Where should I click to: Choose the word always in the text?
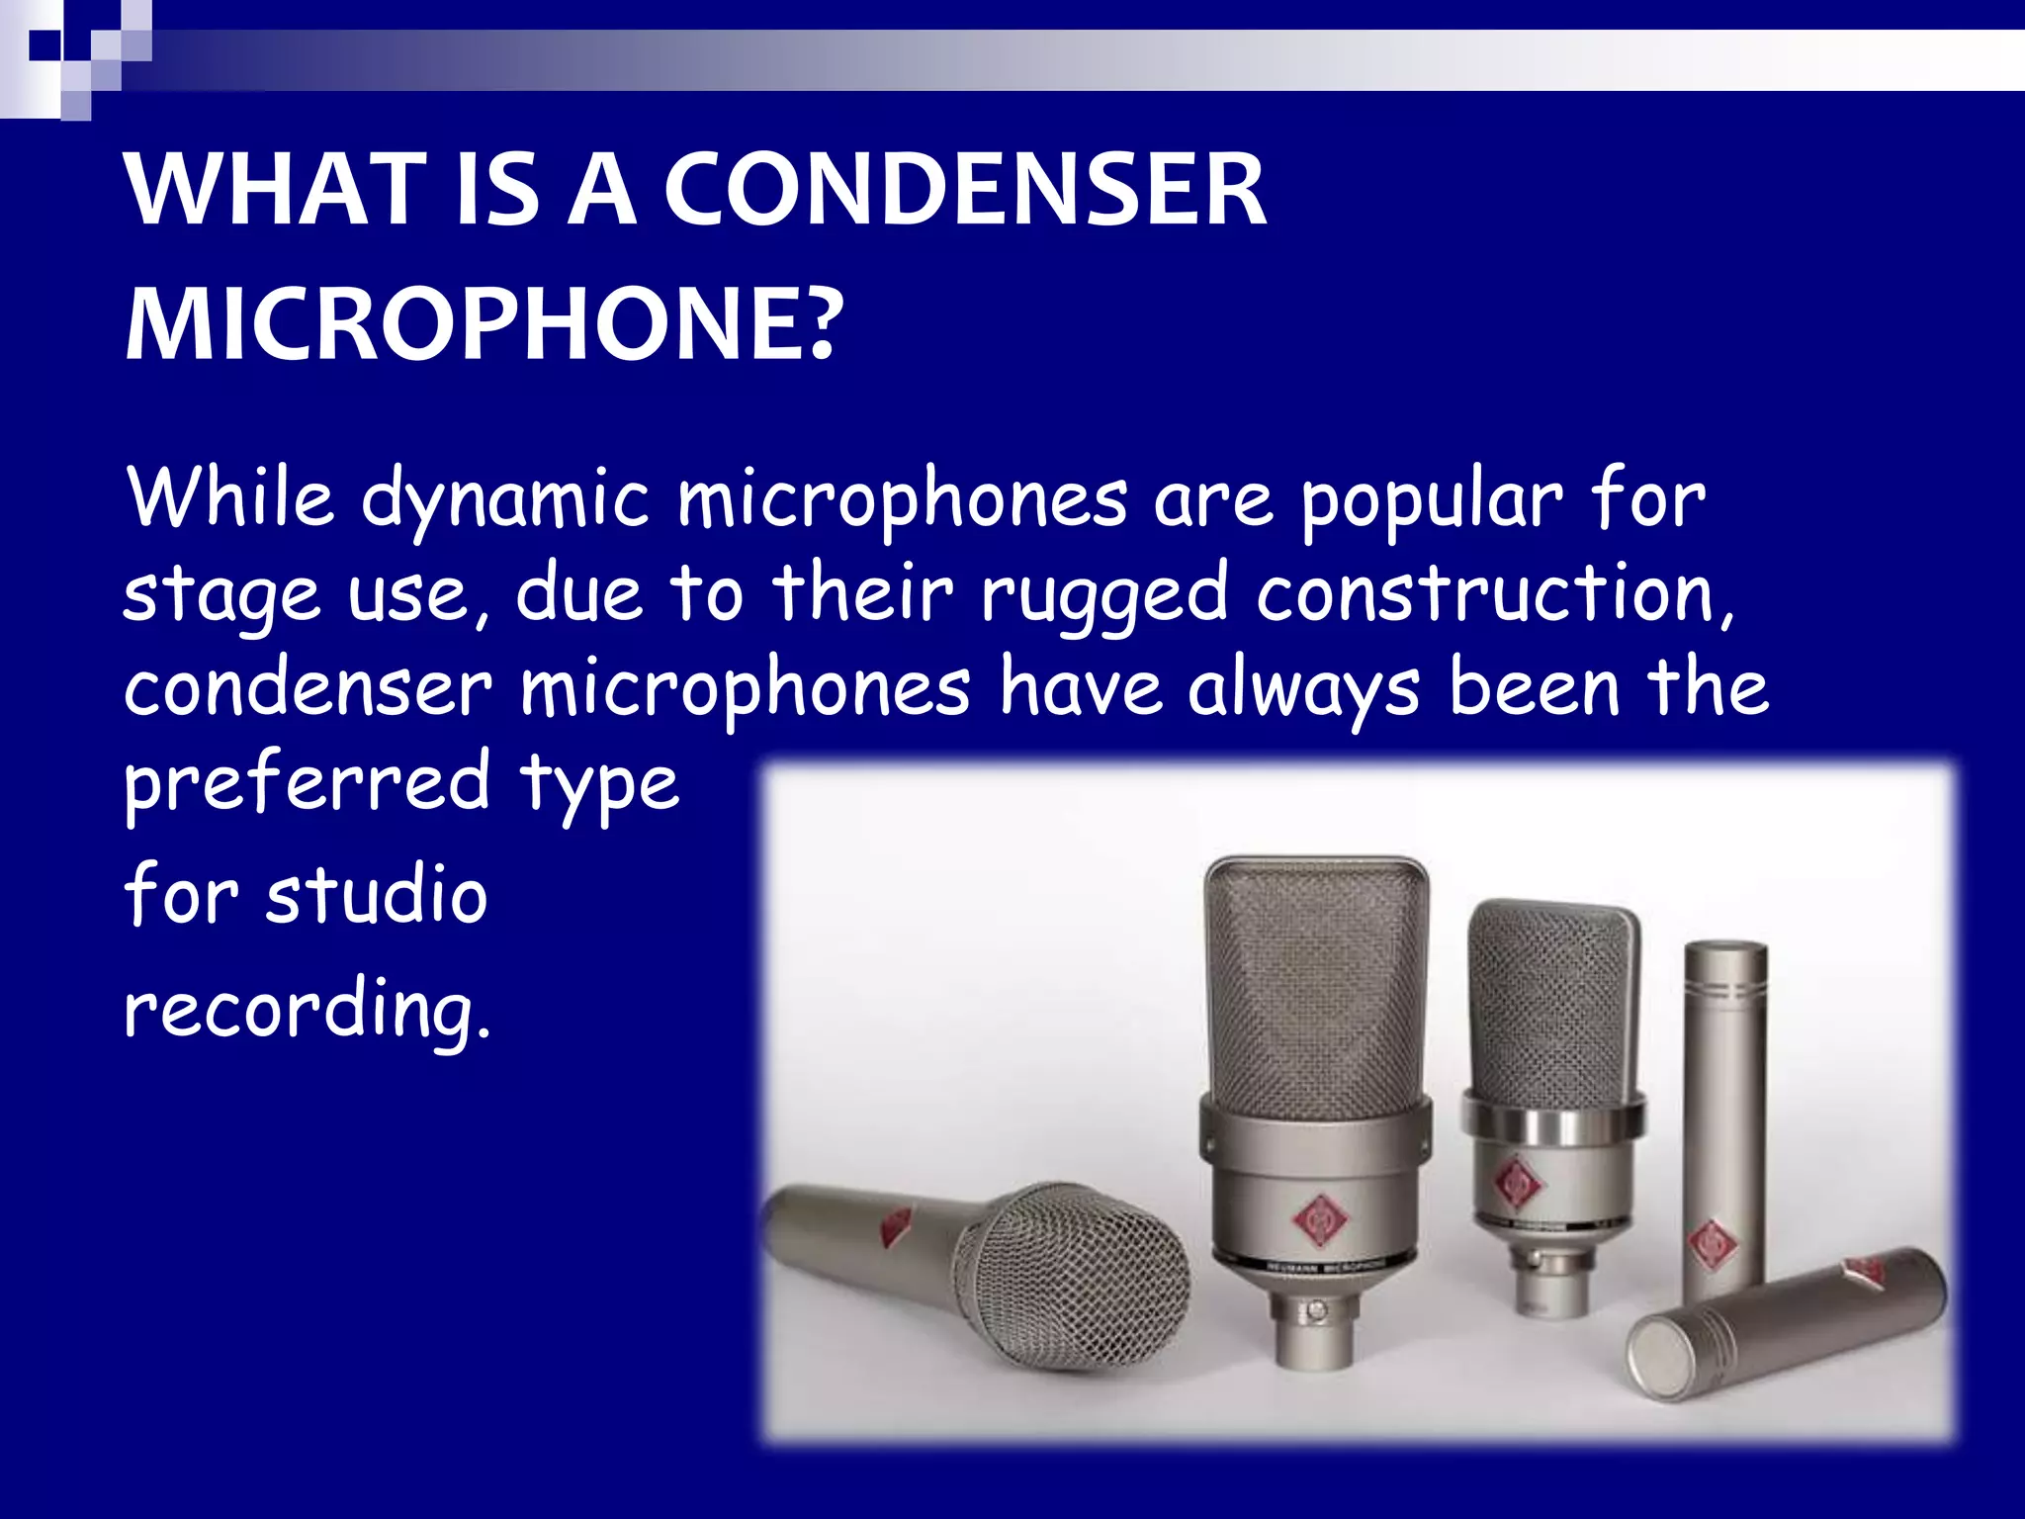coord(1303,689)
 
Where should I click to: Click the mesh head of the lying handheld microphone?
coord(1073,1276)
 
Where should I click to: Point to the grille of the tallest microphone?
coord(1315,979)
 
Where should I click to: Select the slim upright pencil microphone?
coord(1724,1117)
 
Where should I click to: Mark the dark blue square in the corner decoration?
coord(44,45)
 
